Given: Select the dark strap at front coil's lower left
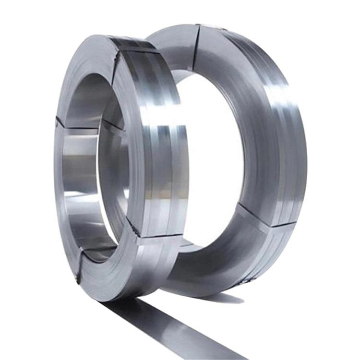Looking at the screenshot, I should pos(79,269).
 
